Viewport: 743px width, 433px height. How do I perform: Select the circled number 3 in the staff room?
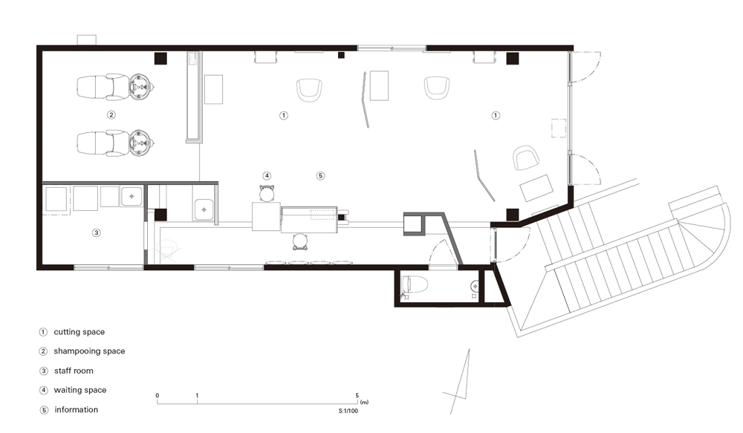click(96, 232)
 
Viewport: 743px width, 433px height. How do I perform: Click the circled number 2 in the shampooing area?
click(111, 114)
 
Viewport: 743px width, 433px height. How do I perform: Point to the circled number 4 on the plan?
click(267, 176)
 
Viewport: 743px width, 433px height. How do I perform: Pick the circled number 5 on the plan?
click(320, 176)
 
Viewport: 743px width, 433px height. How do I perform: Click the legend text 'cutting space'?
click(79, 332)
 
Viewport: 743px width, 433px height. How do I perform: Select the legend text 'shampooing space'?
click(89, 351)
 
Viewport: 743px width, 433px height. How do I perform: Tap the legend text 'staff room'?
click(74, 371)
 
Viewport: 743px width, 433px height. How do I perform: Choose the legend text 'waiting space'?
click(80, 390)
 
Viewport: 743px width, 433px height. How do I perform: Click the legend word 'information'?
click(76, 409)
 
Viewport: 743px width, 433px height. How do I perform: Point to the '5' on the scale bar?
click(357, 396)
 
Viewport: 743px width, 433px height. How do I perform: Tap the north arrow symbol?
click(461, 379)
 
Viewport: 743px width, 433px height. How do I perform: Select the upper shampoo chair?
click(115, 87)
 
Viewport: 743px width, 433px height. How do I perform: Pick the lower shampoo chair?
click(115, 143)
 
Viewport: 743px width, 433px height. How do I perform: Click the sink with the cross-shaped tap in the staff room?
click(132, 197)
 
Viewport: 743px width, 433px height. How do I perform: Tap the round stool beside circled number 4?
click(267, 193)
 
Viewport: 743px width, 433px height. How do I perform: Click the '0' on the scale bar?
click(158, 396)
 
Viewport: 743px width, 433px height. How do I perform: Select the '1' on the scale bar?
click(197, 396)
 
